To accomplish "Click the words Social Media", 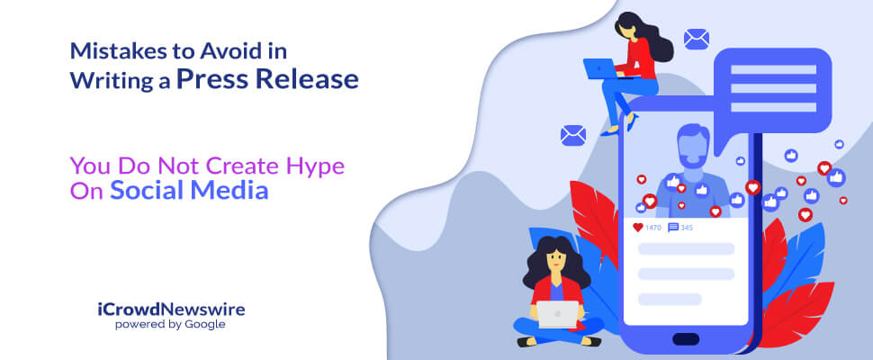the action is (189, 191).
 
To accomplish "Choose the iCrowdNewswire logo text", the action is (171, 310).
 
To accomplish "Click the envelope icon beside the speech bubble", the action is (697, 40).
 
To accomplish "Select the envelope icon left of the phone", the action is (573, 135).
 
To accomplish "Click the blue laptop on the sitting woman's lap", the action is (599, 68).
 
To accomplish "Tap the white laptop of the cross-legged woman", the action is (558, 314).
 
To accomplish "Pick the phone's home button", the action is (686, 339).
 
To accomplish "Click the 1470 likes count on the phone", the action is (653, 228).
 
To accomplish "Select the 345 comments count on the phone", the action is (687, 228).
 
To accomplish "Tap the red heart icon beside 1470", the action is (638, 228).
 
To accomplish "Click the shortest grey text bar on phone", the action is (670, 300).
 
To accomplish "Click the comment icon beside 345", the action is (673, 228).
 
